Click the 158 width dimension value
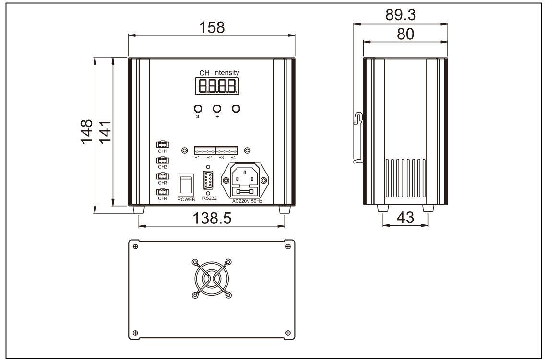coord(212,27)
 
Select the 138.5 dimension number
coord(212,219)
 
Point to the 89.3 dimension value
coord(401,15)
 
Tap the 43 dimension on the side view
coord(405,218)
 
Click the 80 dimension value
coord(405,35)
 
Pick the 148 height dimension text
coord(87,131)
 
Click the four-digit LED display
coord(217,86)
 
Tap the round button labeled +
coord(217,108)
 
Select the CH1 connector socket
coord(163,144)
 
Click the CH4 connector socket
coord(163,192)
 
